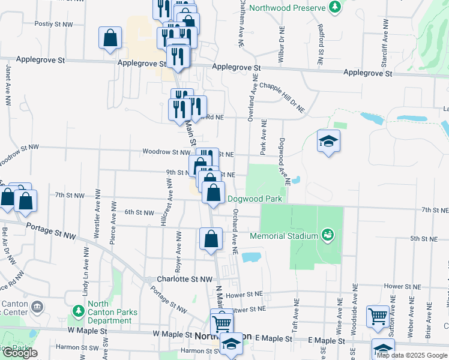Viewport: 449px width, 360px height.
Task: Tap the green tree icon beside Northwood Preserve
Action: tap(335, 8)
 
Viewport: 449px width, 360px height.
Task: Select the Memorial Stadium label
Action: tap(283, 235)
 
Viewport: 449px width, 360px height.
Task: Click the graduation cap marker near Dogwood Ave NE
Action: tap(328, 141)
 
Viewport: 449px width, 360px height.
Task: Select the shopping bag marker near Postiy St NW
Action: tap(110, 38)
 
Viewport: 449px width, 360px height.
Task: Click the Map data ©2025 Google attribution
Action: tap(412, 355)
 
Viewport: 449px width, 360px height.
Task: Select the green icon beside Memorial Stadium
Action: tap(327, 234)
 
